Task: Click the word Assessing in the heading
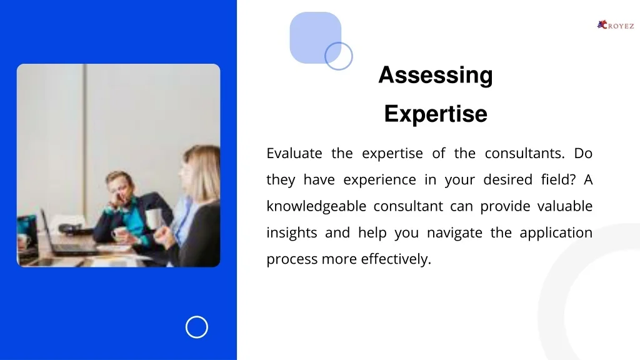tap(436, 76)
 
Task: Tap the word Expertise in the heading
tap(436, 114)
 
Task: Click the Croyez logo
tap(616, 25)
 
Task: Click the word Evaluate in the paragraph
tap(294, 154)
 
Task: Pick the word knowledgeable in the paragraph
tap(316, 206)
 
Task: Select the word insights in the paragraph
tap(291, 232)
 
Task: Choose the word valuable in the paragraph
tap(565, 206)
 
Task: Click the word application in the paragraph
tap(556, 233)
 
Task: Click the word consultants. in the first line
tap(524, 154)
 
